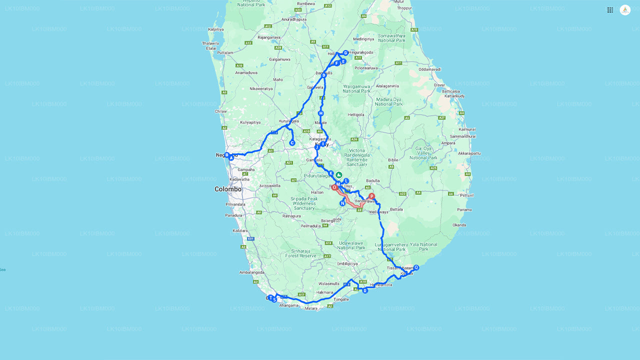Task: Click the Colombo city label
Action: tap(228, 189)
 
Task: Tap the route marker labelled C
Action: tap(292, 143)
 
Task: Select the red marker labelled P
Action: tap(371, 196)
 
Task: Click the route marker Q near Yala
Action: tap(416, 267)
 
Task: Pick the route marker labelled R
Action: tap(365, 290)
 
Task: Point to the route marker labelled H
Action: tap(321, 113)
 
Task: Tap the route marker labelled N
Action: tap(342, 203)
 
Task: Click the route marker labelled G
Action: tap(345, 53)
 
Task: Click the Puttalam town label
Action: tap(225, 52)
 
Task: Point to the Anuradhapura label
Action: tap(294, 19)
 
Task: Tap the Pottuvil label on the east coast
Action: tap(466, 195)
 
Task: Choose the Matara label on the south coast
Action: tap(311, 308)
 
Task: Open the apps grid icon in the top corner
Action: tap(610, 10)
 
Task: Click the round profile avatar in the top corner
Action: tap(625, 10)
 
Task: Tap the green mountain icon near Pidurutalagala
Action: tap(339, 174)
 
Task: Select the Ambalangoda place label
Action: tap(251, 272)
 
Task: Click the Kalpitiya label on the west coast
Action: tap(215, 29)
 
